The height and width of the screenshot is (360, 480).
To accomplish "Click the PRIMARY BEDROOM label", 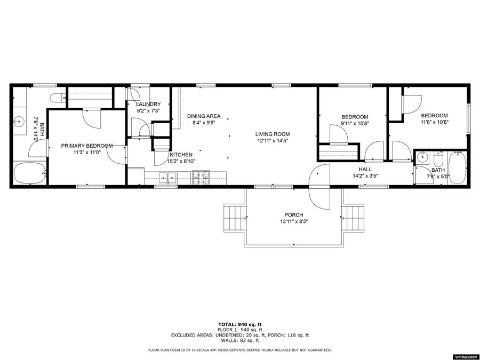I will pos(86,146).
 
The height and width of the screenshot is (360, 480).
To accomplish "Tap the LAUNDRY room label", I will pos(148,104).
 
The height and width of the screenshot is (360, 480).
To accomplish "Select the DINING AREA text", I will pos(203,116).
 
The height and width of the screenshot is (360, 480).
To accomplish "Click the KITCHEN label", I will pos(181,155).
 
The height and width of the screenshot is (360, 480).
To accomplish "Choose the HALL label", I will pos(365,169).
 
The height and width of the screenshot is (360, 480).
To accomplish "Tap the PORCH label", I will pos(293,215).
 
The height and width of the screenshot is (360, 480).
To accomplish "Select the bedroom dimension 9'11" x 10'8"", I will pos(355,123).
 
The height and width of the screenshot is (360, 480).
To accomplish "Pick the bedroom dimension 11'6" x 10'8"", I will pos(434,122).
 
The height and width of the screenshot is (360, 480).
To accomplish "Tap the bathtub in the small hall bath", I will pos(458,168).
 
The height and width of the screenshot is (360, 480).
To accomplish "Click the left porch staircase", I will pos(234,218).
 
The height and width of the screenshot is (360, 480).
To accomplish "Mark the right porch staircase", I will pos(353,218).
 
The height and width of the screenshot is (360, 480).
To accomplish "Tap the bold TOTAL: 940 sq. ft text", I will pos(240,324).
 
